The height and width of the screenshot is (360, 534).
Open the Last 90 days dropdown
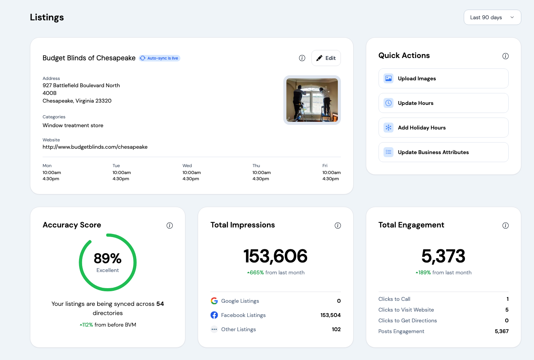(492, 17)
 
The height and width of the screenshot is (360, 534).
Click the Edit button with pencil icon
(326, 58)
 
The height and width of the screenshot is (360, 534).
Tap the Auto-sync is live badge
(159, 58)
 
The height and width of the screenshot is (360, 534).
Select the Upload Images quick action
(443, 78)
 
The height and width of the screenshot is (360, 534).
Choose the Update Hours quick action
(443, 103)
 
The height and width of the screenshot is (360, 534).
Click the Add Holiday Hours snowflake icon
(389, 128)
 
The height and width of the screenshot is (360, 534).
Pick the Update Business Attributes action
(443, 152)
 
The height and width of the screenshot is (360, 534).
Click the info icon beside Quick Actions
(505, 56)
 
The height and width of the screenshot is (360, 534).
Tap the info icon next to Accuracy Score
(170, 226)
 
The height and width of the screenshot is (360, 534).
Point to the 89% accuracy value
(107, 258)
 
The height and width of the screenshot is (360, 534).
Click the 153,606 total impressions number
(275, 256)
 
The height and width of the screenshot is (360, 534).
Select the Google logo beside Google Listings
(214, 301)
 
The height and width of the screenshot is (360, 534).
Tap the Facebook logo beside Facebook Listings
(214, 315)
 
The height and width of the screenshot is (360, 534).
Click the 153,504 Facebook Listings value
(331, 315)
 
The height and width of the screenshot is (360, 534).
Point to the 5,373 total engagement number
(443, 256)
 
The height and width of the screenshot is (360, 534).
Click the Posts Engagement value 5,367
(502, 331)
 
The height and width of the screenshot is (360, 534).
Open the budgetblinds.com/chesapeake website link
(95, 147)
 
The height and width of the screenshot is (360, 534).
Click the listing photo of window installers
(312, 100)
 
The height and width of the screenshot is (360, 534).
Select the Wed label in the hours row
(187, 166)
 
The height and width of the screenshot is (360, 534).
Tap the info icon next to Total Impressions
(337, 226)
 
